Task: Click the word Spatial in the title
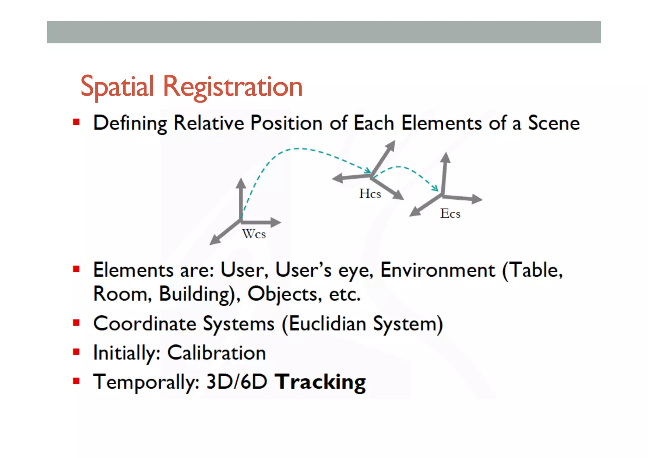tap(117, 87)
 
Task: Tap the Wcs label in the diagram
tap(254, 234)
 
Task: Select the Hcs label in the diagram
tap(370, 194)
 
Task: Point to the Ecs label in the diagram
tap(450, 214)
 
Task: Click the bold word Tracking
tap(320, 382)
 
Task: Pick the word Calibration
tap(216, 353)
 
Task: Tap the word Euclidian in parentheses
tap(327, 324)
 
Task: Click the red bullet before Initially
tap(76, 352)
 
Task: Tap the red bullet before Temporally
tap(76, 381)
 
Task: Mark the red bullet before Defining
tap(76, 122)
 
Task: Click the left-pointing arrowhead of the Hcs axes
tap(337, 179)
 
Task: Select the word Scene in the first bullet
tap(554, 123)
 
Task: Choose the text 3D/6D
tap(237, 382)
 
